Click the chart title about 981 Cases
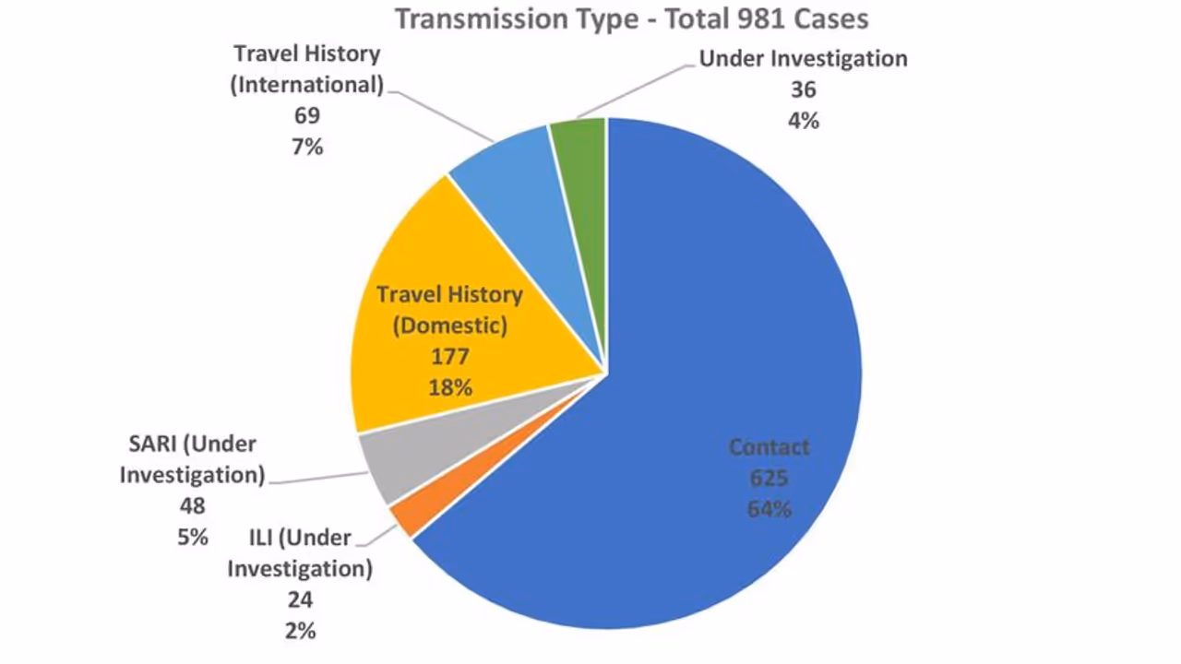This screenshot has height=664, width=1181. click(632, 18)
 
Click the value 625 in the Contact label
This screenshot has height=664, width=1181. click(769, 478)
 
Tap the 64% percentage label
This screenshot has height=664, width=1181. click(769, 508)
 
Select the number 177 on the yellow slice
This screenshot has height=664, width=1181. click(449, 356)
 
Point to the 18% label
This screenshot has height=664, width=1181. click(449, 387)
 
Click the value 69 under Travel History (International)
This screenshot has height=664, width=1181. click(306, 115)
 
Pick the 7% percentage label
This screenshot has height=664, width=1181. click(306, 147)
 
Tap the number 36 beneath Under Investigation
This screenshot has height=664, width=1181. click(803, 89)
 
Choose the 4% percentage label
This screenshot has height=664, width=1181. click(803, 121)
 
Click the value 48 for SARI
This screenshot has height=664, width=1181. click(192, 505)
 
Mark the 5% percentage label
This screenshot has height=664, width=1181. click(192, 537)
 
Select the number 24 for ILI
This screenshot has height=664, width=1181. click(300, 599)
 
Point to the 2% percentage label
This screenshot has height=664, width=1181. click(300, 631)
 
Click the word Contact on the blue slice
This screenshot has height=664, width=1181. click(769, 447)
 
